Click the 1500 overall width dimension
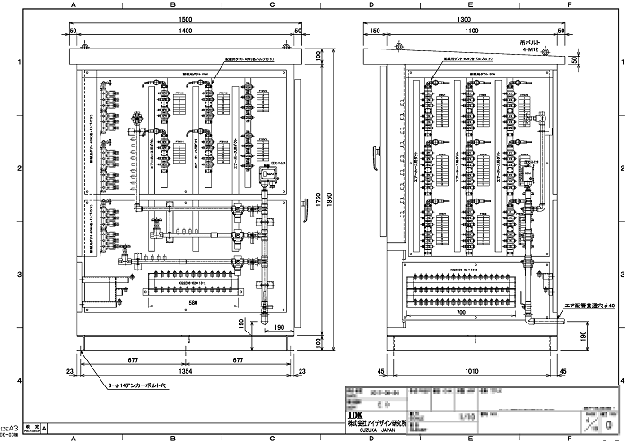[185, 19]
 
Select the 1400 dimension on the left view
[185, 30]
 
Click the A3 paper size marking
[10, 421]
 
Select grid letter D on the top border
[371, 4]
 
